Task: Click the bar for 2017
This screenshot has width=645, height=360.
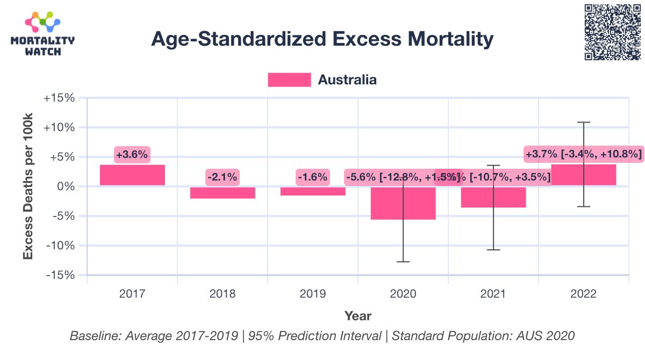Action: [x=132, y=176]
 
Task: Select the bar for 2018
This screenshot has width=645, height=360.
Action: [x=223, y=192]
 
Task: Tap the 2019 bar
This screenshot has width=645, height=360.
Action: [x=313, y=191]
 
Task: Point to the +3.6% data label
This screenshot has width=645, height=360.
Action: [x=132, y=155]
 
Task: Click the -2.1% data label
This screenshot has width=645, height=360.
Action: [x=223, y=176]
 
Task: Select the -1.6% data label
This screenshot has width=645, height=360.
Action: [x=312, y=176]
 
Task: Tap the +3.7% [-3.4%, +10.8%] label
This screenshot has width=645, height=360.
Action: [x=583, y=155]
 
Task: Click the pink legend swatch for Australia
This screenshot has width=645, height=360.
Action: [x=289, y=80]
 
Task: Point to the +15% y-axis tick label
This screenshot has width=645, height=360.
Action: [x=61, y=98]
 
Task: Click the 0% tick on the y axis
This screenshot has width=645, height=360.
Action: [x=67, y=187]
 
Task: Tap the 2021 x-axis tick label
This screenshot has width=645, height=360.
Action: [x=493, y=294]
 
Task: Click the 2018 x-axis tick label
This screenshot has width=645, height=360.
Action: [x=223, y=294]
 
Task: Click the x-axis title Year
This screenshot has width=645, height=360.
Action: [x=358, y=316]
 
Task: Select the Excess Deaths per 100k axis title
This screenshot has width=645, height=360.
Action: [x=28, y=186]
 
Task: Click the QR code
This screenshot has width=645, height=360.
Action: [x=612, y=32]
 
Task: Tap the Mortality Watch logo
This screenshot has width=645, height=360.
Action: [x=43, y=33]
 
